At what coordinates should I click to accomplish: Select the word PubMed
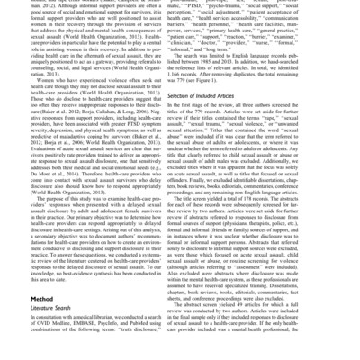[x=149, y=344]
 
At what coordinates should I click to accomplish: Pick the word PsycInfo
[x=120, y=344]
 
